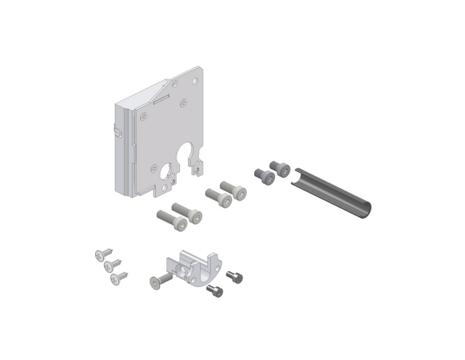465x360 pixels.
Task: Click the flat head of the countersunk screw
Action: [155, 282]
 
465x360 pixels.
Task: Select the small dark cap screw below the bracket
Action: [214, 291]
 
